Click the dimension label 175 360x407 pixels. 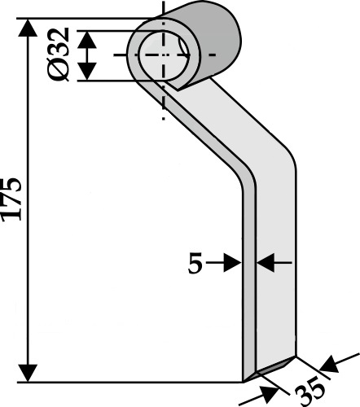pyautogui.click(x=11, y=199)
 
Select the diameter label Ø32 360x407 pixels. pyautogui.click(x=59, y=55)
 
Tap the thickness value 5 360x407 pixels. pyautogui.click(x=195, y=263)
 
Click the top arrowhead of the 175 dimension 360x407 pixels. pyautogui.click(x=28, y=28)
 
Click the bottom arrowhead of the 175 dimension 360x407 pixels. pyautogui.click(x=28, y=374)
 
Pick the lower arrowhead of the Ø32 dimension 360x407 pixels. pyautogui.click(x=87, y=72)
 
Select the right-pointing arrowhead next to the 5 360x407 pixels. pyautogui.click(x=232, y=263)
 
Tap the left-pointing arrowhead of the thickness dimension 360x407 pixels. pyautogui.click(x=266, y=263)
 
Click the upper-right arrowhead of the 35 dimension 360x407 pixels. pyautogui.click(x=329, y=365)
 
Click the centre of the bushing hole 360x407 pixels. pyautogui.click(x=163, y=55)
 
